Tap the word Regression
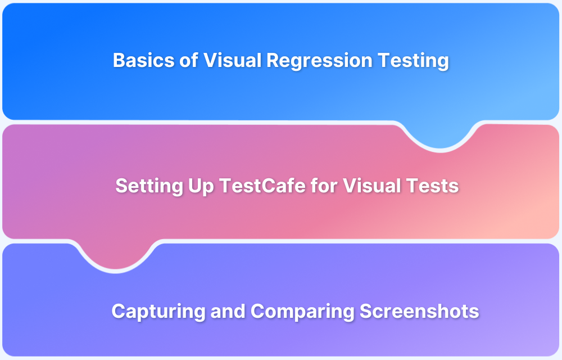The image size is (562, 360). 320,61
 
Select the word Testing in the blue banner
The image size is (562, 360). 413,61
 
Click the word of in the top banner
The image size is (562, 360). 188,60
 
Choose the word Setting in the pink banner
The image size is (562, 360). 150,186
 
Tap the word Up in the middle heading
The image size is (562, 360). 201,186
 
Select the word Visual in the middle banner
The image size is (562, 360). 371,186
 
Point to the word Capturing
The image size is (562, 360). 158,312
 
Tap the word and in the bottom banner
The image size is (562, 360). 228,311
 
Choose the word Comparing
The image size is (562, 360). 302,312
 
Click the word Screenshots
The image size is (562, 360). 419,311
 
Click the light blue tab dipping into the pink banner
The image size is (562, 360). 440,135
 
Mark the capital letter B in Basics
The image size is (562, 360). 119,60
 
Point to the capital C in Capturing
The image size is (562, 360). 118,311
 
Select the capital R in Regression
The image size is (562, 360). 273,60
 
